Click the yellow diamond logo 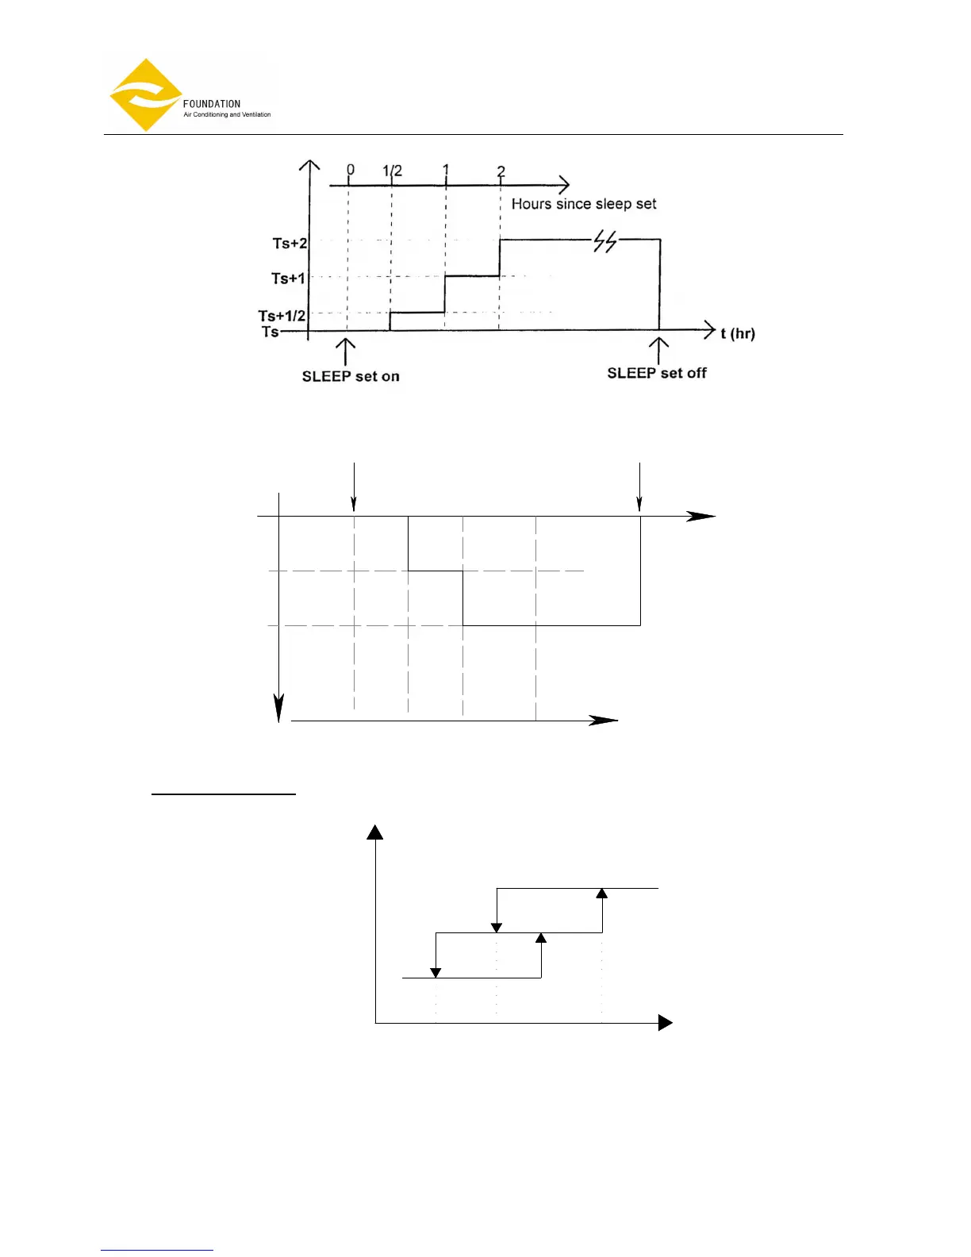[x=146, y=95]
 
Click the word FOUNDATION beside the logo [x=211, y=104]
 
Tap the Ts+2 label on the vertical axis [x=290, y=244]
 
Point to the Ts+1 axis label [x=288, y=279]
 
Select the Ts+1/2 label [x=282, y=316]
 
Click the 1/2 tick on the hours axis [x=392, y=171]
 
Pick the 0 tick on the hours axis [x=351, y=170]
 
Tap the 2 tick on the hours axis [x=501, y=171]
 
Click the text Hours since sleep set [x=584, y=204]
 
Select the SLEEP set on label [x=351, y=376]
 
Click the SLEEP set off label [x=657, y=373]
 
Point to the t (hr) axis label [x=738, y=333]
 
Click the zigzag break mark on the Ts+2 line [x=605, y=241]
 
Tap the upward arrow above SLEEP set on [x=345, y=351]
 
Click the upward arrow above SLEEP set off [x=658, y=349]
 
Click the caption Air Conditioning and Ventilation [x=227, y=115]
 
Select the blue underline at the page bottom [x=157, y=1250]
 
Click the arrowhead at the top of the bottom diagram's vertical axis [x=375, y=832]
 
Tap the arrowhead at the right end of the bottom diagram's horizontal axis [x=666, y=1023]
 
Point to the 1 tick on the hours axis [x=446, y=170]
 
